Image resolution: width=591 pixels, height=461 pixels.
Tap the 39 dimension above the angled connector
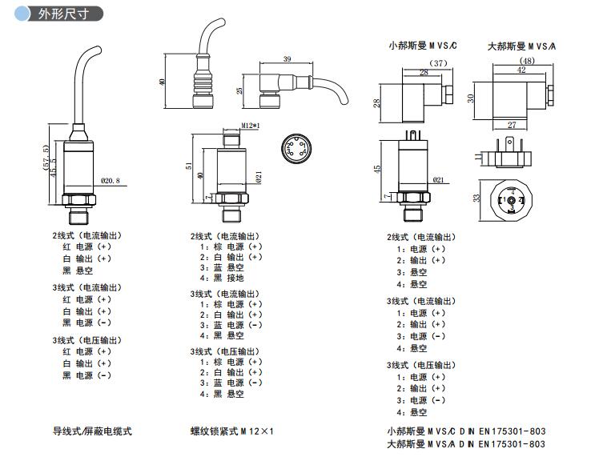coord(287,58)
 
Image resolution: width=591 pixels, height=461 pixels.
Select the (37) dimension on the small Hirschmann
coord(438,62)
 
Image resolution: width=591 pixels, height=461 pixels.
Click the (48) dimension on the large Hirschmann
coord(527,61)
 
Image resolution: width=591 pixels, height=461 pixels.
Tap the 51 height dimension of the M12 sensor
coord(188,166)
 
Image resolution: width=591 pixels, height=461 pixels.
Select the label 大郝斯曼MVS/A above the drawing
coord(521,46)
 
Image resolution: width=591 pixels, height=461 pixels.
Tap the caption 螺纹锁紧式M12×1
coord(232,431)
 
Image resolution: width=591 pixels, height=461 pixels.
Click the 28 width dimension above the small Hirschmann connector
coord(424,72)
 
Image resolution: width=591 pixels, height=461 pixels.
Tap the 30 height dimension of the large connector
coord(472,98)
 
